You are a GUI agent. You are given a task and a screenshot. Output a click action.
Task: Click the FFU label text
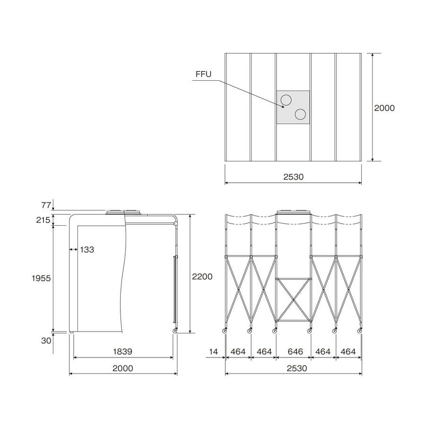point(203,74)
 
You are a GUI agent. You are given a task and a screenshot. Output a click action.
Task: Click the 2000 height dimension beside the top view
point(384,108)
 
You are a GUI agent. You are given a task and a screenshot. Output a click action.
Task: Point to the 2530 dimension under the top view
point(293,177)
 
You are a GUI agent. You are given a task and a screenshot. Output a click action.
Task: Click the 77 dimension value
point(46,205)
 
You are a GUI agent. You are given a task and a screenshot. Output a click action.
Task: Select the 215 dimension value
point(43,220)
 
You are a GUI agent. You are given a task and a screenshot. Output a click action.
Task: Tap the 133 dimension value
point(87,249)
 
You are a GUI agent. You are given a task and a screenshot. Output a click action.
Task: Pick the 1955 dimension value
point(41,278)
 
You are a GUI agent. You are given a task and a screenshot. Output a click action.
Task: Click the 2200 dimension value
point(202,276)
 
